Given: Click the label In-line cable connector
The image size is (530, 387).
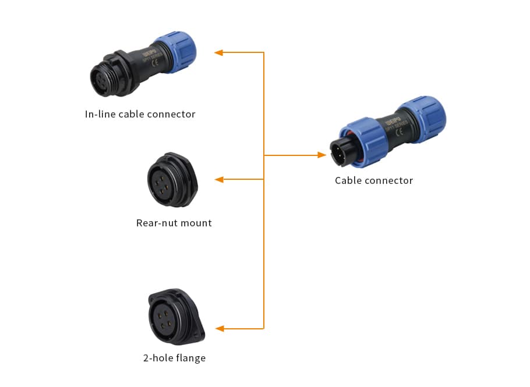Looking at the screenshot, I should click(x=140, y=114).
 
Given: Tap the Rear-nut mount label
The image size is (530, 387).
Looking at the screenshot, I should click(x=174, y=223).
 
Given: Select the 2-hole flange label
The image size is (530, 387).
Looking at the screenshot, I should click(x=174, y=358).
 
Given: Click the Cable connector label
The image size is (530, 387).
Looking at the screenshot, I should click(x=374, y=180).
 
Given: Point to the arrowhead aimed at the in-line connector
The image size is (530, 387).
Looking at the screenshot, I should click(x=219, y=52).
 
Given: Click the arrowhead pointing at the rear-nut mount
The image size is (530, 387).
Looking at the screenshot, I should click(x=219, y=179).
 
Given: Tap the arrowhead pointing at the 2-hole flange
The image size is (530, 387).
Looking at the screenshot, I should click(x=219, y=329).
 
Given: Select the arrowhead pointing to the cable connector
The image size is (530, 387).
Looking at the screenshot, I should click(x=321, y=155).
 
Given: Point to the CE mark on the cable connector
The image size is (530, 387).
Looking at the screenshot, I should click(x=400, y=132).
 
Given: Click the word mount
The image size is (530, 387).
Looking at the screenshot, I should click(x=196, y=223).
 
